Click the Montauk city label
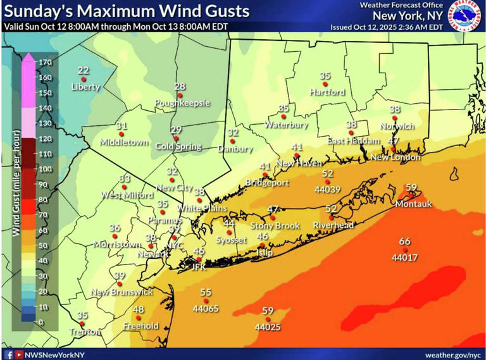tap(413, 204)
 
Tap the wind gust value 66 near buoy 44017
tap(405, 242)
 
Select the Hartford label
tap(327, 92)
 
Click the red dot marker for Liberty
tap(84, 79)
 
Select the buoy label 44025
tap(268, 327)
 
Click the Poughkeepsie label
tap(182, 102)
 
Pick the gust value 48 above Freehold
tap(139, 309)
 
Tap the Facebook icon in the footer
tap(9, 354)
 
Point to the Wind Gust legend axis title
tap(16, 190)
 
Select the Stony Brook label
tap(275, 225)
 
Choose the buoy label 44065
tap(206, 309)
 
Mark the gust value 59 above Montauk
tap(411, 187)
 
